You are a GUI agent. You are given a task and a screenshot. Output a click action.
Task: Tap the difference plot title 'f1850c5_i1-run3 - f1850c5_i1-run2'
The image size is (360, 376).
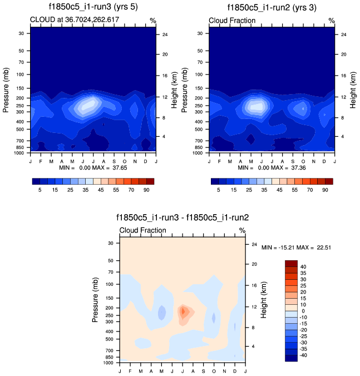point(183,218)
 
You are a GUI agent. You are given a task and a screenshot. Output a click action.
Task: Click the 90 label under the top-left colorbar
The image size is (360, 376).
point(146,190)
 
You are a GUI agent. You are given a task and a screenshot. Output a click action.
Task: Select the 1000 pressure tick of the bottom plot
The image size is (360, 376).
point(109,363)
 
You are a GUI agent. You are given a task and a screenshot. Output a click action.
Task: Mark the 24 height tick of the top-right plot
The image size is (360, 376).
point(343,34)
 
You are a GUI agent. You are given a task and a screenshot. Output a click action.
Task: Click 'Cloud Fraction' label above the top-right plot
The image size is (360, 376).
point(232,21)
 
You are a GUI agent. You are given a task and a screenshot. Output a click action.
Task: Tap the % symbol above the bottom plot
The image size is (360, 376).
point(242,230)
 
